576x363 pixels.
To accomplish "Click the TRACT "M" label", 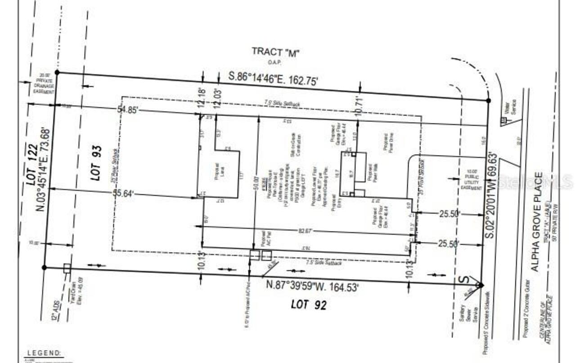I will pyautogui.click(x=275, y=52).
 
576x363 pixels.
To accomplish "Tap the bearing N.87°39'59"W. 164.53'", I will pyautogui.click(x=312, y=285).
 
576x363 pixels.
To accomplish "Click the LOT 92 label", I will pyautogui.click(x=308, y=305).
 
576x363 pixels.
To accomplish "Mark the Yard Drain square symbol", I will pyautogui.click(x=67, y=268).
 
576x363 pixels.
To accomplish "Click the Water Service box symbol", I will pyautogui.click(x=504, y=120).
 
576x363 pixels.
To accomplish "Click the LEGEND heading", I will pyautogui.click(x=44, y=354).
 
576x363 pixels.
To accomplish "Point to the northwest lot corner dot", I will pyautogui.click(x=57, y=72).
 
